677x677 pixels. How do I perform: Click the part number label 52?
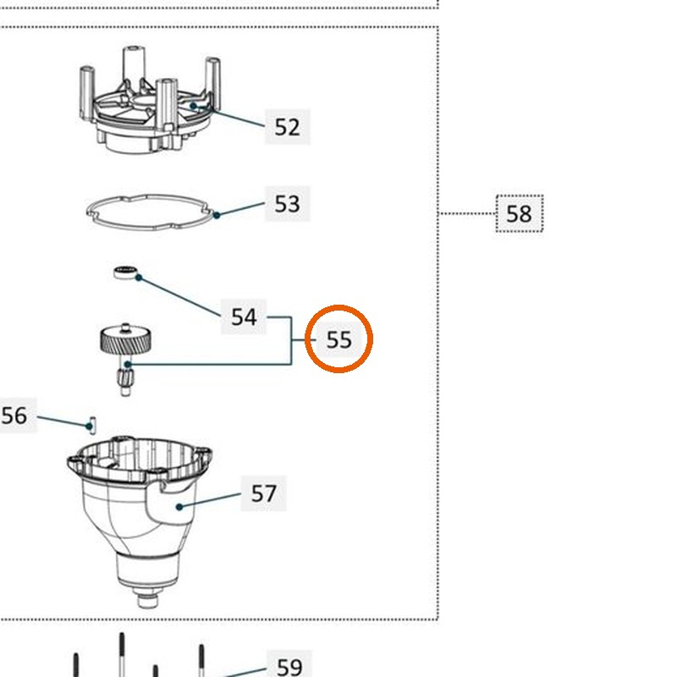coord(287,127)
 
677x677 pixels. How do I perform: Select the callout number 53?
coord(287,203)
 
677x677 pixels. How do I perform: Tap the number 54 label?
coord(244,316)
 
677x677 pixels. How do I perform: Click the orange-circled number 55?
coord(339,339)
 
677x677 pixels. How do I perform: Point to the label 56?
coord(14,416)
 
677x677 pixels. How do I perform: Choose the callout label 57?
coord(263,493)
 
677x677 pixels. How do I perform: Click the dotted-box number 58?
coord(520,214)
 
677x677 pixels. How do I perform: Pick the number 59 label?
coord(289,665)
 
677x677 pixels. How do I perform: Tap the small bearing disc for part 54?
coord(125,272)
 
